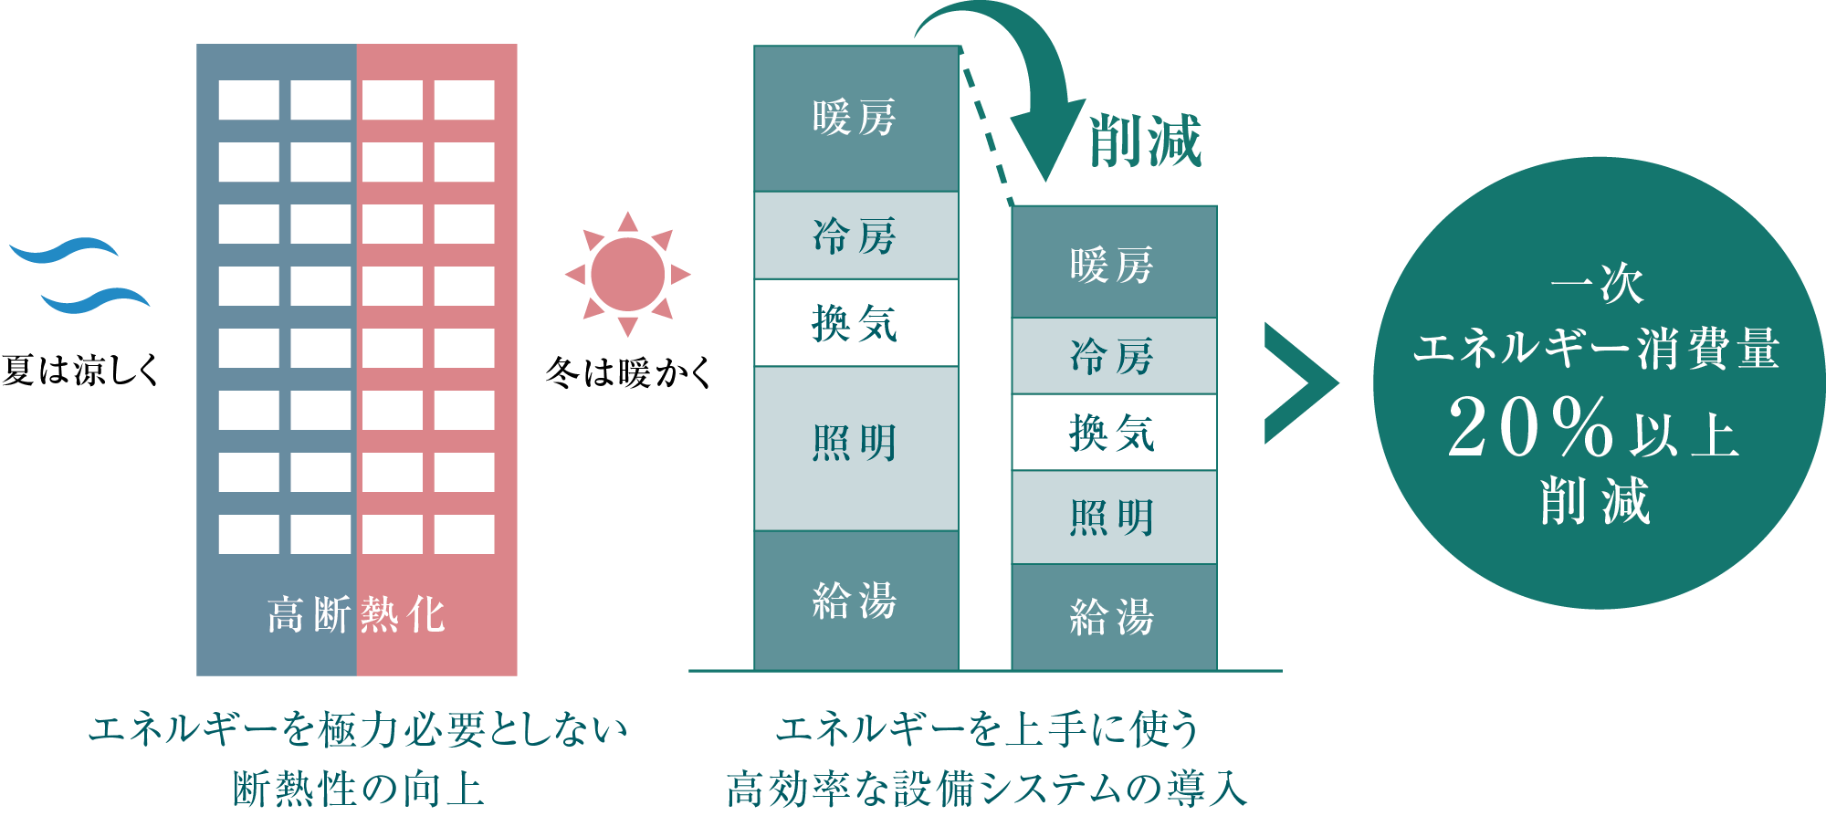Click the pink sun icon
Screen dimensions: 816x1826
pyautogui.click(x=628, y=274)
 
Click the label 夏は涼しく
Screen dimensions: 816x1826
pyautogui.click(x=80, y=370)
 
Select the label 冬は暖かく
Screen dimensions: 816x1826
pyautogui.click(x=628, y=372)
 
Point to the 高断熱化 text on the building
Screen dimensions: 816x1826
pyautogui.click(x=356, y=614)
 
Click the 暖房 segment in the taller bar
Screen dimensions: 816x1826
pyautogui.click(x=855, y=119)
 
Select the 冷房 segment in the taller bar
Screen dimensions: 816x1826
pyautogui.click(x=855, y=235)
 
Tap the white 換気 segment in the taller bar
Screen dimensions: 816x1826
pyautogui.click(x=855, y=323)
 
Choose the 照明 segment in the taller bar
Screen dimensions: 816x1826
pyautogui.click(x=855, y=445)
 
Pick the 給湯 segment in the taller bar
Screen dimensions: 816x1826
pyautogui.click(x=855, y=601)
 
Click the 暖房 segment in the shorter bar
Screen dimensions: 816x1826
pyautogui.click(x=1113, y=264)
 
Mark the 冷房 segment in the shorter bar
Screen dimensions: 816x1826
pyautogui.click(x=1113, y=356)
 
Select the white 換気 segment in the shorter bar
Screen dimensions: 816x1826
pyautogui.click(x=1113, y=433)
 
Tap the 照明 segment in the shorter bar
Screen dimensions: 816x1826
pyautogui.click(x=1113, y=518)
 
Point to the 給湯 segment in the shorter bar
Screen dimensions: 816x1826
pyautogui.click(x=1113, y=617)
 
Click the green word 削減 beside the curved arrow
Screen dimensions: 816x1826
pyautogui.click(x=1146, y=141)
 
